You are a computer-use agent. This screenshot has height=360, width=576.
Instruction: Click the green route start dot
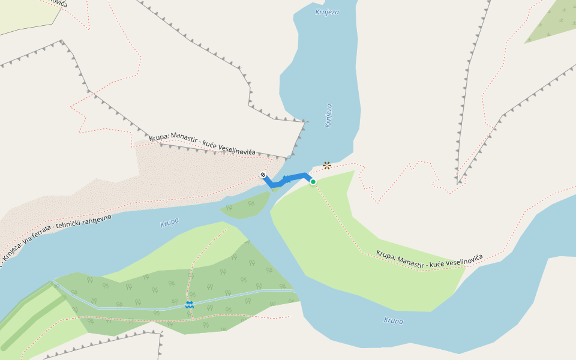pos(313,181)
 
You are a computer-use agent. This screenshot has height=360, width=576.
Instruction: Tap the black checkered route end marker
pos(263,175)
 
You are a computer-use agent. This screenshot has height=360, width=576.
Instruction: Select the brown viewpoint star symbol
pos(327,165)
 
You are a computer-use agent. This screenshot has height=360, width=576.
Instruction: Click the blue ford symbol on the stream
pos(190,305)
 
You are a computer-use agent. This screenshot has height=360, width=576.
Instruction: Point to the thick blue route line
pos(294,177)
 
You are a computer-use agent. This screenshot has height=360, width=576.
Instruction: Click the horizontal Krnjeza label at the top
pos(327,11)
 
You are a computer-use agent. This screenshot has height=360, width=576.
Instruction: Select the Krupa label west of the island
pos(170,223)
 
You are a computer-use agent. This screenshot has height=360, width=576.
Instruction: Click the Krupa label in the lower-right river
pos(394,320)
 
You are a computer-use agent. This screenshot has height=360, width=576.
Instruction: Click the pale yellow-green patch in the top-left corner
pos(24,15)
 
